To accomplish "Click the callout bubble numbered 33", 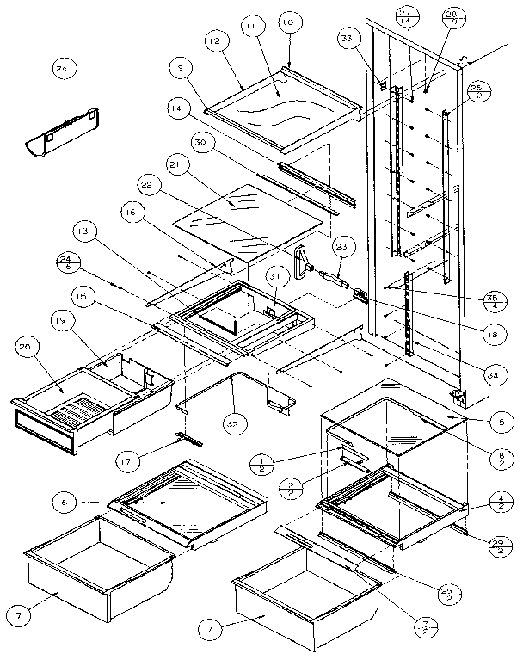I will point(347,39).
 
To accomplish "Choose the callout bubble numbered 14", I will point(176,109).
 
